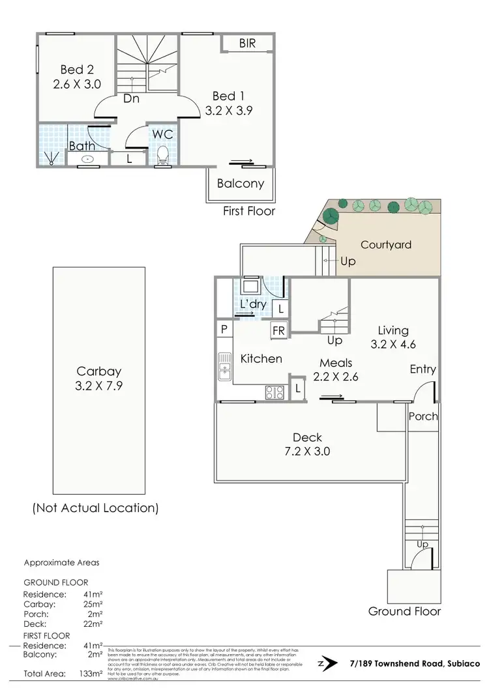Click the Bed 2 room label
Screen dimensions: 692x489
pyautogui.click(x=72, y=70)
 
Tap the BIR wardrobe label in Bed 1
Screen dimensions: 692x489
pyautogui.click(x=247, y=44)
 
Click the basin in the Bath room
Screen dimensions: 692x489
pyautogui.click(x=87, y=158)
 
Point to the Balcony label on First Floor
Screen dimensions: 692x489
pyautogui.click(x=241, y=183)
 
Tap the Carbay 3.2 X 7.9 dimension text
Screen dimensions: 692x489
pyautogui.click(x=99, y=385)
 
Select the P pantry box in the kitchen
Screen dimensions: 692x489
pyautogui.click(x=224, y=330)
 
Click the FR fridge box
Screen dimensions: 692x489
pyautogui.click(x=279, y=330)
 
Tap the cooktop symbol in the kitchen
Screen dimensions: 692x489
pyautogui.click(x=274, y=392)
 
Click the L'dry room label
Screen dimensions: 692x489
pyautogui.click(x=253, y=305)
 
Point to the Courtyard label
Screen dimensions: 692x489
pyautogui.click(x=386, y=245)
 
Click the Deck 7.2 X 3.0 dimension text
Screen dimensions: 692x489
pyautogui.click(x=307, y=450)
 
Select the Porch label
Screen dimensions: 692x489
pyautogui.click(x=423, y=416)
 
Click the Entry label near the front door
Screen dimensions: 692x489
pyautogui.click(x=422, y=369)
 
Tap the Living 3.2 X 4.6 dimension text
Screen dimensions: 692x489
pyautogui.click(x=393, y=345)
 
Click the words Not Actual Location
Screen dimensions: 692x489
pyautogui.click(x=95, y=508)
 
